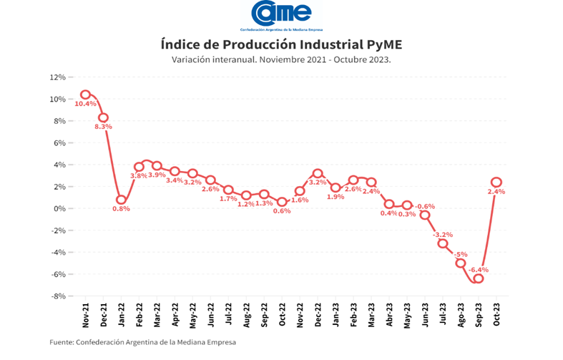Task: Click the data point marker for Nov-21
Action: tap(85, 94)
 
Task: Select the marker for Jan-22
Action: tap(121, 200)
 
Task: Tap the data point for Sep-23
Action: tap(478, 278)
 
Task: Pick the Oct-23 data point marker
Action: tap(496, 182)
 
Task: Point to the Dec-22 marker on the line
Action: tap(318, 173)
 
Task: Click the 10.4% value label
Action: tap(85, 104)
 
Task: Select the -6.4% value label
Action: tap(479, 270)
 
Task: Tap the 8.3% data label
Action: tap(104, 127)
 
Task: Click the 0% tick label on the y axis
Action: tap(59, 208)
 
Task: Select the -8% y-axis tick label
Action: tap(58, 296)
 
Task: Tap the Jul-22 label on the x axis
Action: tap(228, 315)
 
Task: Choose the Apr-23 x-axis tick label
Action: tap(389, 315)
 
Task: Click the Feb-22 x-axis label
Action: tap(139, 315)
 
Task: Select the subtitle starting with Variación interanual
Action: tap(280, 59)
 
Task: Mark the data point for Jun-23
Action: tap(425, 215)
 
